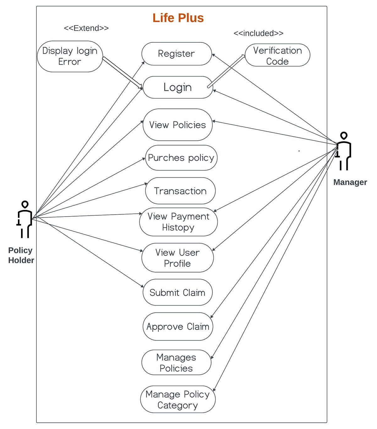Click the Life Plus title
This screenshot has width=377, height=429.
point(178,18)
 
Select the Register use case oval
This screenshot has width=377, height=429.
point(177,54)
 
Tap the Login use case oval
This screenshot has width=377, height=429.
point(178,87)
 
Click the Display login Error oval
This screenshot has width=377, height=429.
point(70,56)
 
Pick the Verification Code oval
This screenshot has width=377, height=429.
point(277,55)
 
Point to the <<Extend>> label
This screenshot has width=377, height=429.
point(86,28)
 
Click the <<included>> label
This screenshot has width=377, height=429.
point(258,33)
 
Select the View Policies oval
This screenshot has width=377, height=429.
point(178,125)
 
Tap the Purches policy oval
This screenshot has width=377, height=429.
point(181,158)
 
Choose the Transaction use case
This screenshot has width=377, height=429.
point(180,191)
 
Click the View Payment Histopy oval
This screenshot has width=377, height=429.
point(178,222)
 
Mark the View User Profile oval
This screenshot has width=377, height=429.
point(178,258)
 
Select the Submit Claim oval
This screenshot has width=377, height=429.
point(178,293)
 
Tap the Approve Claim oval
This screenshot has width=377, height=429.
point(178,327)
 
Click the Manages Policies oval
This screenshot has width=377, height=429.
point(176,362)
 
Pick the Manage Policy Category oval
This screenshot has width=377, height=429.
point(178,399)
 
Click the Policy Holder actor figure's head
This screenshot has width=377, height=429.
point(25,205)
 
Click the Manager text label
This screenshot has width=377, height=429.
point(350,182)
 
